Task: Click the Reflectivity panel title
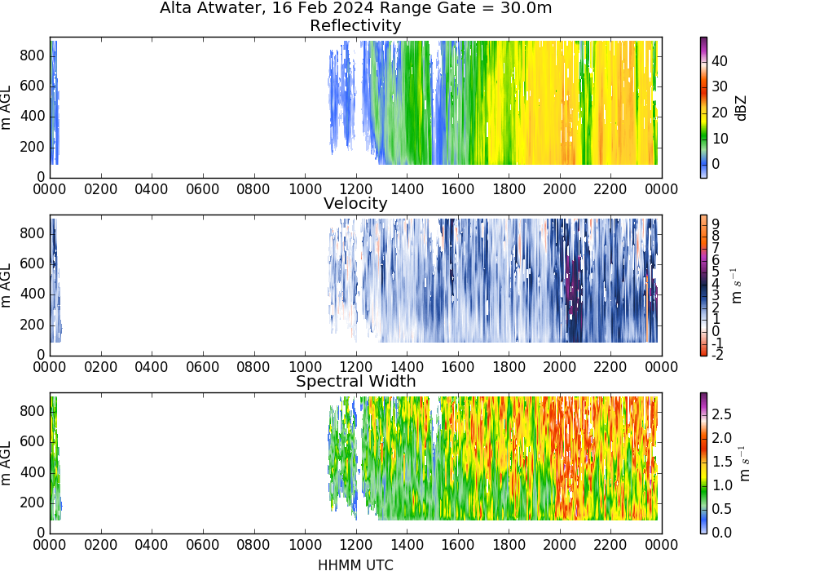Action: [355, 26]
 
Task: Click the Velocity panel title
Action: [355, 203]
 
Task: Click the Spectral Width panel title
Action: [355, 381]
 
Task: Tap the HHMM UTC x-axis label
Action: [355, 564]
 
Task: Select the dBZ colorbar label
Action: [741, 108]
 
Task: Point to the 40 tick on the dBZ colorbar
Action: [720, 61]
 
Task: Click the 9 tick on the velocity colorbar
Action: [716, 224]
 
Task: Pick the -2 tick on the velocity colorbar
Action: [716, 355]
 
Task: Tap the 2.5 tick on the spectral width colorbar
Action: [721, 414]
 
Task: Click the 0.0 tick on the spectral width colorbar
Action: [721, 533]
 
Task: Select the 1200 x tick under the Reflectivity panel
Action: [355, 189]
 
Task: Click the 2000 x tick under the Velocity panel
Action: [559, 367]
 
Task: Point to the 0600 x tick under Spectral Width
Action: [203, 545]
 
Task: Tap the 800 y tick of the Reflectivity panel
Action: [33, 55]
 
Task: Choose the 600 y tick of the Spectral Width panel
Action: [33, 442]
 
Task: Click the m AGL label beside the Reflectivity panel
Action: [6, 108]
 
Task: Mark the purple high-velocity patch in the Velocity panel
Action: [573, 283]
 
